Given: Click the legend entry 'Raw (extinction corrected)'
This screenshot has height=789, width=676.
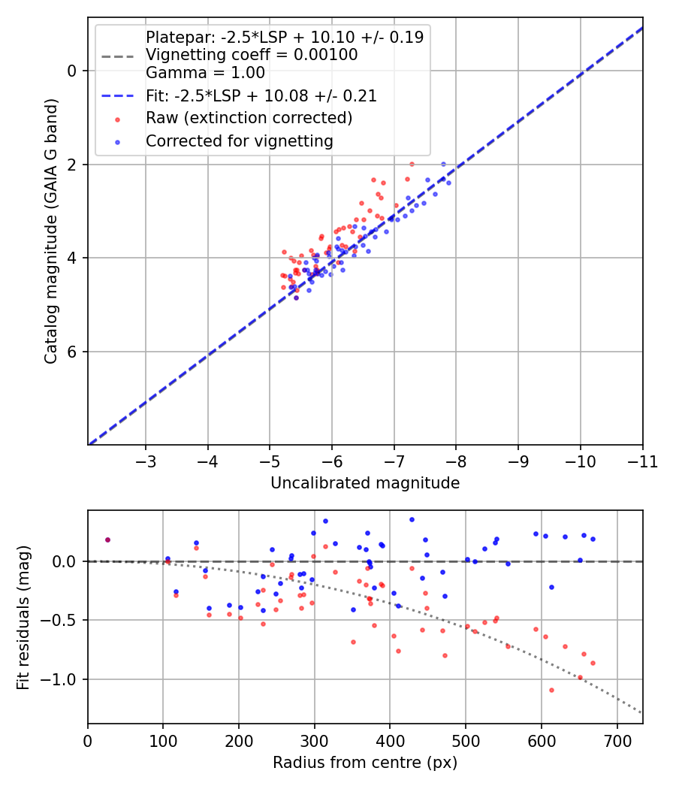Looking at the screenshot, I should tap(249, 118).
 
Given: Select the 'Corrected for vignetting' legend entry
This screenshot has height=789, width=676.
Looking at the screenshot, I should tap(239, 141).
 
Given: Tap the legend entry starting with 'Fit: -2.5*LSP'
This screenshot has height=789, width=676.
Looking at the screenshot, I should tap(261, 96).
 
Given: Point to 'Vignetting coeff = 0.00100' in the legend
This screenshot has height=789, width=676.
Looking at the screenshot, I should tap(252, 55).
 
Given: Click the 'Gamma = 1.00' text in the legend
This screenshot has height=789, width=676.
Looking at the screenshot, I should tap(205, 73).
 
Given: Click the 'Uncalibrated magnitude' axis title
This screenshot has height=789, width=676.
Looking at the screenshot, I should tap(365, 483).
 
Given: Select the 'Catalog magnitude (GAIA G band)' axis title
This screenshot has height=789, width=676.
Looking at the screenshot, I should tap(51, 257).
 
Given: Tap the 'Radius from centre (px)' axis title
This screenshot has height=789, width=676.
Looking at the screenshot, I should tap(365, 763).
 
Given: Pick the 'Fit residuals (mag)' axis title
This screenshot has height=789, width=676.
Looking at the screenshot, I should tap(24, 617).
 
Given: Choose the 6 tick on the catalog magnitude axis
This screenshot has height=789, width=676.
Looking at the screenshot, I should tap(71, 352).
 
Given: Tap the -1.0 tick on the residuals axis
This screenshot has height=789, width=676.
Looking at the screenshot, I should tap(63, 679).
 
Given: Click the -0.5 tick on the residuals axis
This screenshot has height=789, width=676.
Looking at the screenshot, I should tap(63, 621).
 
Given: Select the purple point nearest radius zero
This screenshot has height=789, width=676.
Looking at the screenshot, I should tap(107, 540).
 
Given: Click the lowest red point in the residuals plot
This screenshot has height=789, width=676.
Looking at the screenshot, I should tap(551, 690).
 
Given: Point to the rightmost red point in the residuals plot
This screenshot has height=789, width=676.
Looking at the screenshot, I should tap(593, 663).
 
